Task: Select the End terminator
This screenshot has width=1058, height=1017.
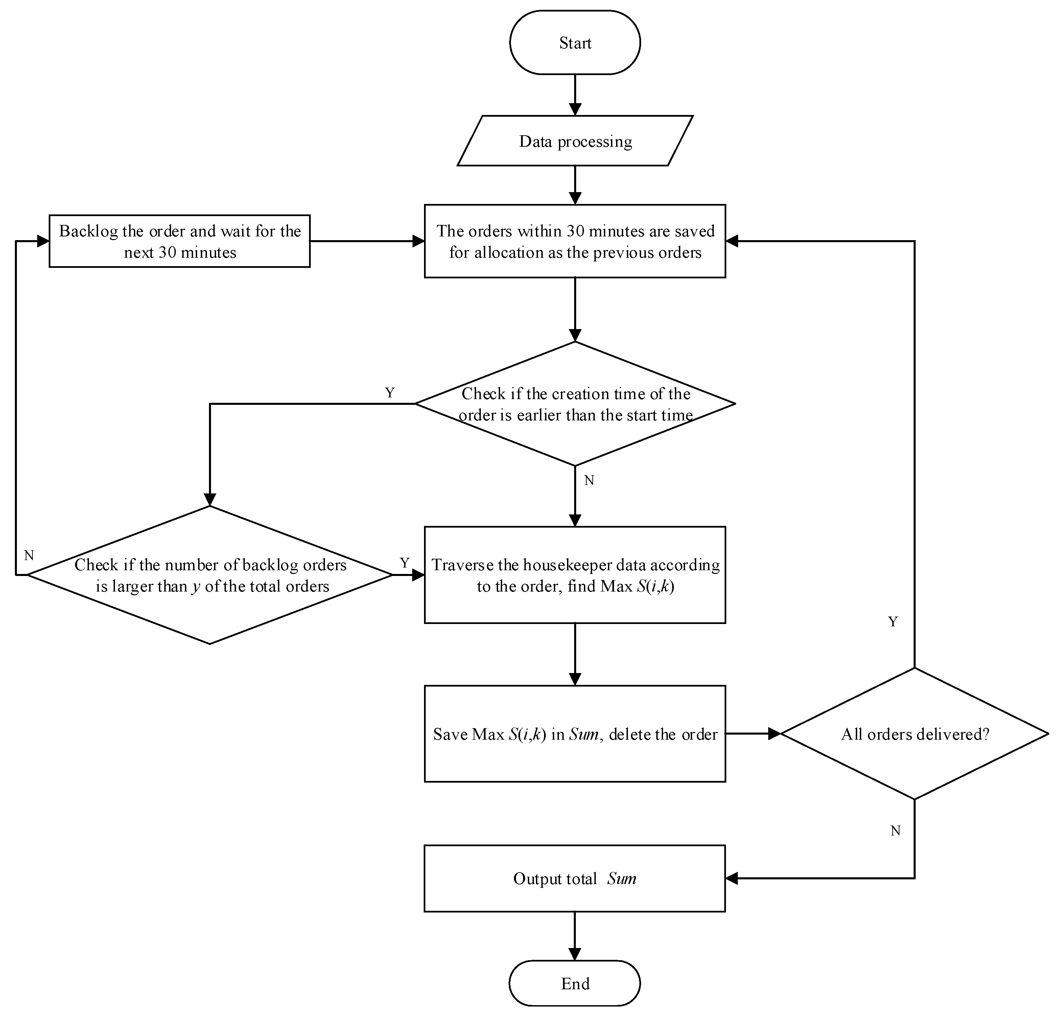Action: coord(575,984)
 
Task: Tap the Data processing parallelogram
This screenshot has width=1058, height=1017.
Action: coord(575,141)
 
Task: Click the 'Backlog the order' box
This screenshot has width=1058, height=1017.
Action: coord(180,241)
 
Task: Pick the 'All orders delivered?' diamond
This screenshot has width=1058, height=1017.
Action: coord(914,734)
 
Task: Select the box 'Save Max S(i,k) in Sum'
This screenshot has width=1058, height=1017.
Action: coord(575,734)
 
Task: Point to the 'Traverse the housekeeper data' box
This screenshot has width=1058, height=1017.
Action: coord(575,575)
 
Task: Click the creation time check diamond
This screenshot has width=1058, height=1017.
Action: coord(575,404)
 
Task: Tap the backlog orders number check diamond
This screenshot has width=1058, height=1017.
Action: coord(210,575)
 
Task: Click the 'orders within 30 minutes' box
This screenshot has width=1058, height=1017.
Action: coord(575,241)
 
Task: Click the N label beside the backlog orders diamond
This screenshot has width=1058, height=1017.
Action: coord(29,555)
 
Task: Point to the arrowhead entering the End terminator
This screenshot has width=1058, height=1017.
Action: coord(575,954)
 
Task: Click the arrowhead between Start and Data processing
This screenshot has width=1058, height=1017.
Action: coord(575,109)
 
